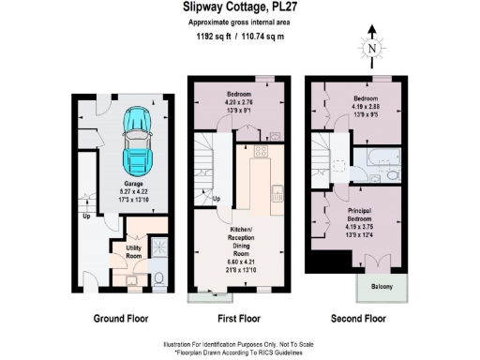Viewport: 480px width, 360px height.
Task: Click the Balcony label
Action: [x=381, y=287]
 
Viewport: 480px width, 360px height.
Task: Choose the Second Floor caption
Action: [x=360, y=318]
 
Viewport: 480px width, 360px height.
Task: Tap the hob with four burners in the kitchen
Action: [x=262, y=151]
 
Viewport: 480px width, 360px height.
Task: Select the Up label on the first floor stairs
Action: [x=217, y=200]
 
